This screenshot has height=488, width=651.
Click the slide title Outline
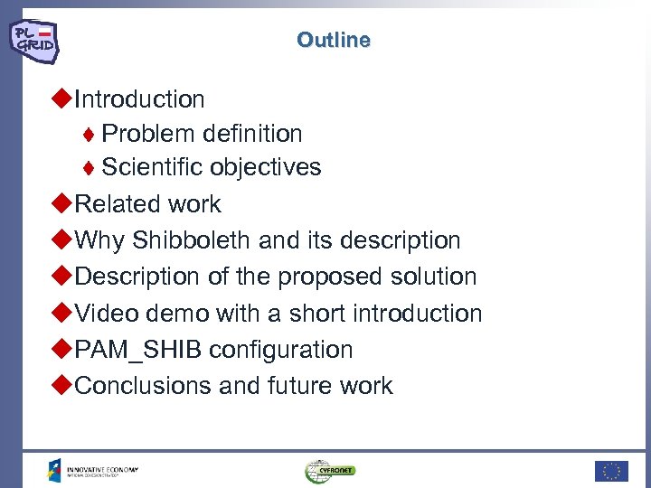333,40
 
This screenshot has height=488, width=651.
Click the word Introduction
139,99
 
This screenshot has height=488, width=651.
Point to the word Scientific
153,167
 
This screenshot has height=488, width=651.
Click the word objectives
266,167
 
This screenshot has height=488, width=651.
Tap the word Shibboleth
192,240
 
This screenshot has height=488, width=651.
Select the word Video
105,314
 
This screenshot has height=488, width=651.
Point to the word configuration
281,350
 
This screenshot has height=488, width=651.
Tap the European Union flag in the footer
610,470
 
